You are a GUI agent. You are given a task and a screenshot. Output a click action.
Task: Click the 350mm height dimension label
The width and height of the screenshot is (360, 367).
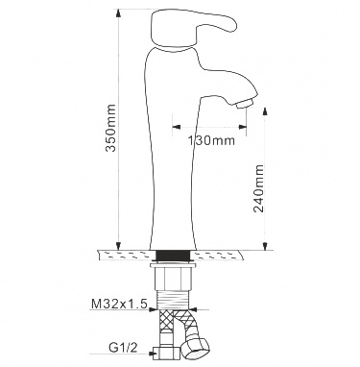coord(111,128)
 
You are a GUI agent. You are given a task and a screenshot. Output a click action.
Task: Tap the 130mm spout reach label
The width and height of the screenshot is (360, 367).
coord(211,140)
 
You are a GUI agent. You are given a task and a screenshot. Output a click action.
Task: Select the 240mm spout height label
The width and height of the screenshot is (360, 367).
coord(258,188)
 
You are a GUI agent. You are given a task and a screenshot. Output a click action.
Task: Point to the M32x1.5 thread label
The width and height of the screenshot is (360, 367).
coord(119,304)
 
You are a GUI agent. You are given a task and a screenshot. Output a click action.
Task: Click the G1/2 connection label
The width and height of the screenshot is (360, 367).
coord(125,348)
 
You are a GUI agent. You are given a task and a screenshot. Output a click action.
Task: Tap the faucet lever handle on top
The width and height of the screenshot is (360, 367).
coord(192,29)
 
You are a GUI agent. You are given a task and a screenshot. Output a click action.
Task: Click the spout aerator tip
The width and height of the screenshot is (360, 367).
coord(245,103)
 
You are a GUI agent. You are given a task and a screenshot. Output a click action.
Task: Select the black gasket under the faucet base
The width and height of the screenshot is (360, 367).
coord(173,256)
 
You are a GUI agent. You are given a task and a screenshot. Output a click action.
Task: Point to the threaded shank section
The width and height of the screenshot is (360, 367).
coord(173,300)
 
